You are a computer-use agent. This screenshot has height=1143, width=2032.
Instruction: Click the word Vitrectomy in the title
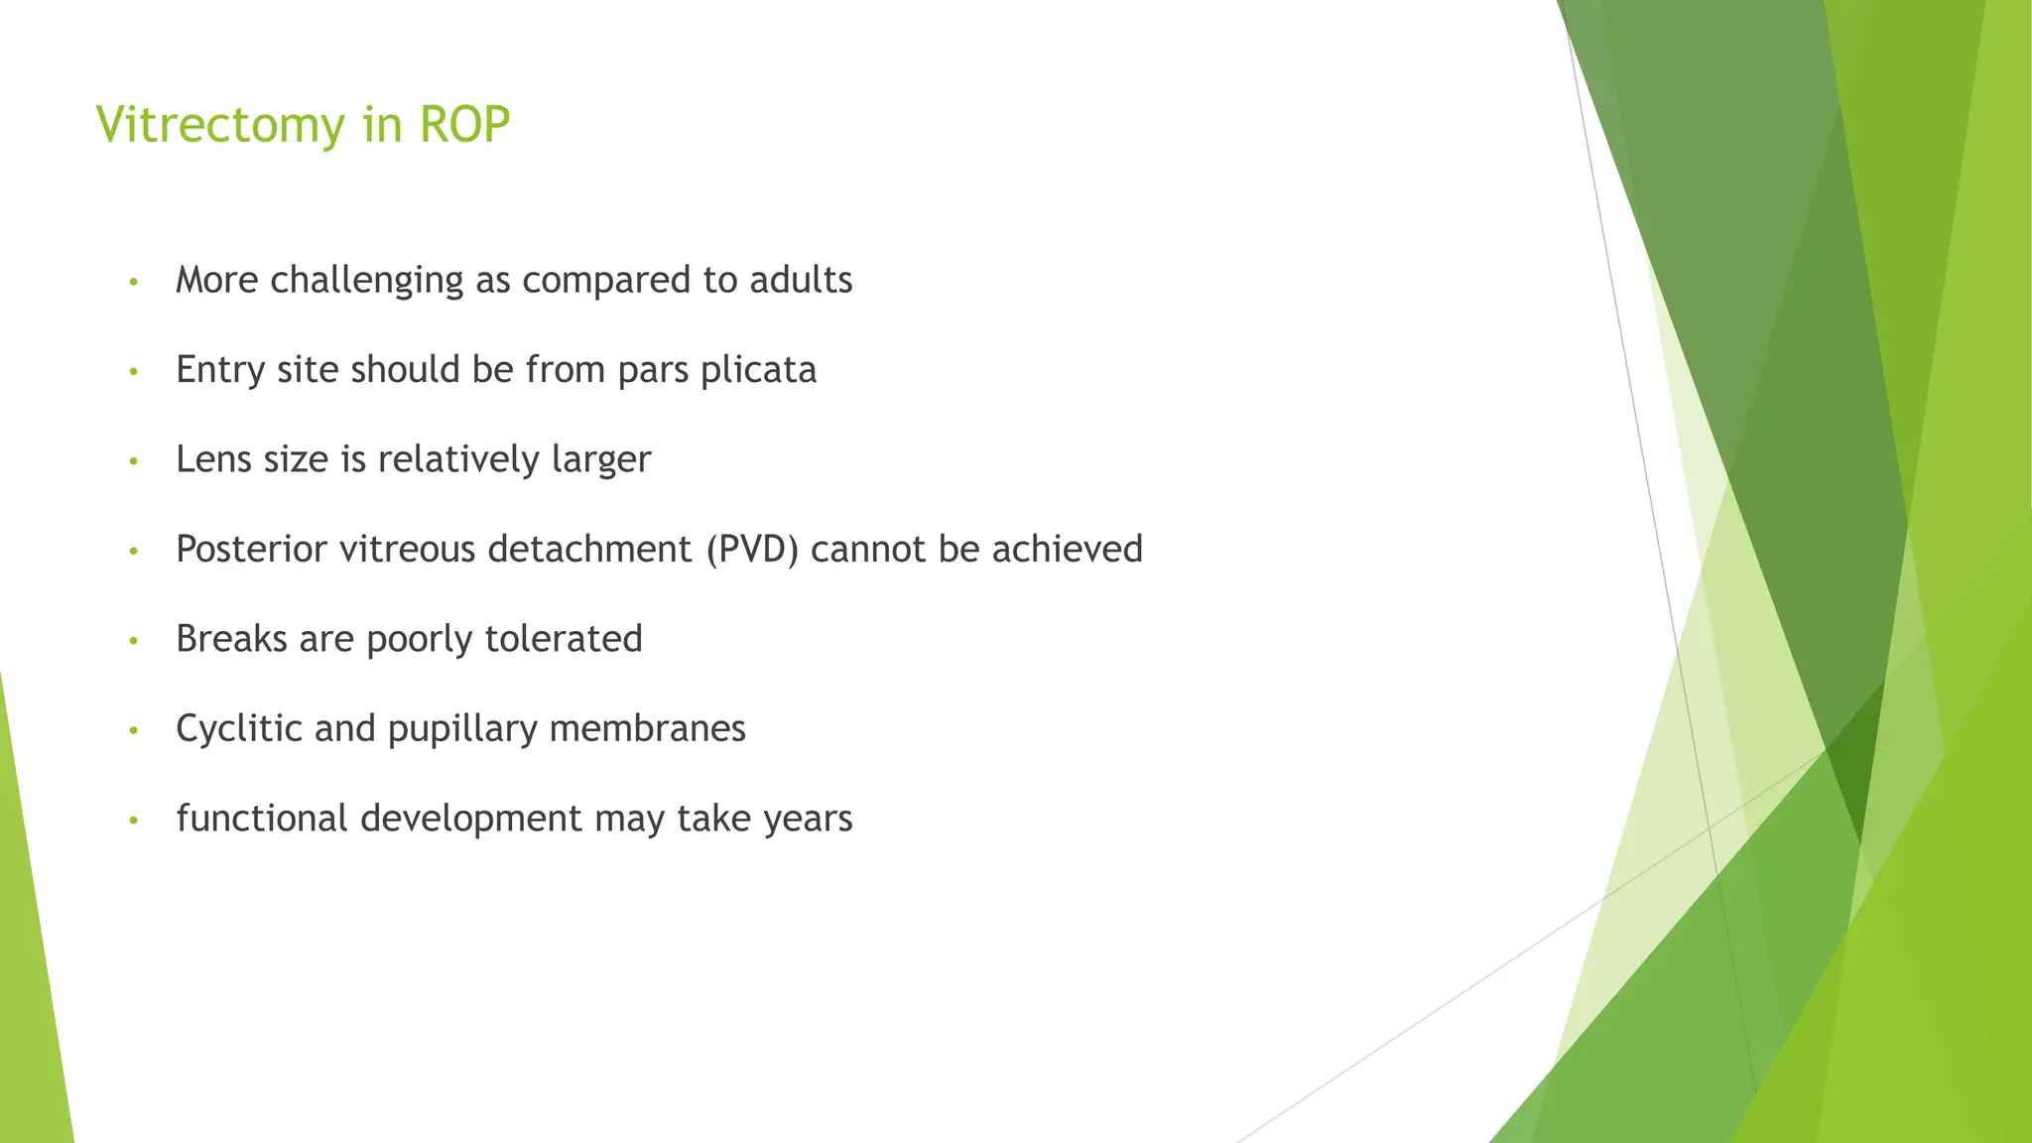tap(220, 126)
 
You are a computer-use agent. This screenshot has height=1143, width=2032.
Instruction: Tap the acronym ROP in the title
tap(464, 126)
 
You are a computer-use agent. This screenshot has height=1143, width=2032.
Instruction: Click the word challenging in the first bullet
tap(366, 281)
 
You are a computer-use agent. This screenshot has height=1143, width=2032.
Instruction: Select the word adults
tap(801, 281)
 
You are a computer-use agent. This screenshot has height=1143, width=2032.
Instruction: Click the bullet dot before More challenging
tap(133, 283)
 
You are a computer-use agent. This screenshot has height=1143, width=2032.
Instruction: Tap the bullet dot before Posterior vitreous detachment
tap(133, 552)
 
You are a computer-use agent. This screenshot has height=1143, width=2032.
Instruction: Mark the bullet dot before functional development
tap(133, 821)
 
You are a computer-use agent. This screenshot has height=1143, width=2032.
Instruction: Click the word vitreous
tap(408, 550)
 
